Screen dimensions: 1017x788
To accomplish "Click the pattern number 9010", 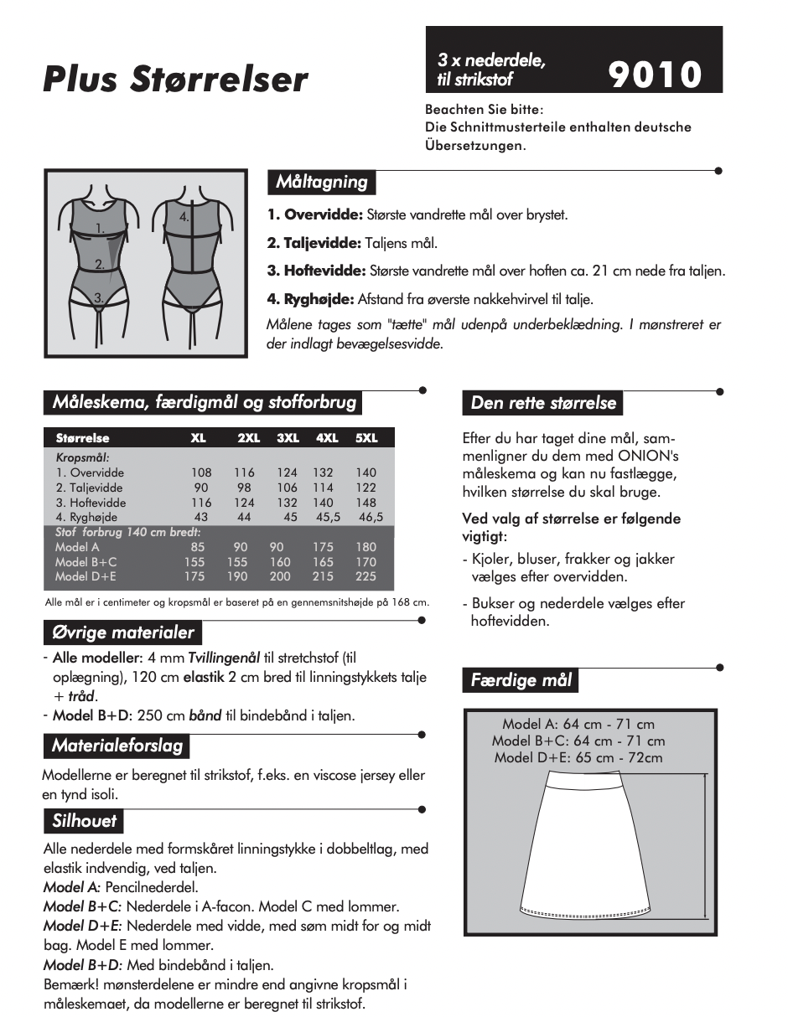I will pos(655,75).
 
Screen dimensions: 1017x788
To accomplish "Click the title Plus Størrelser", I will pos(175,80).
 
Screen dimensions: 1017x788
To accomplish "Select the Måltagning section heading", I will pos(322,182).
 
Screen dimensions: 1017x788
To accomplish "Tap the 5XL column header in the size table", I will pos(366,438).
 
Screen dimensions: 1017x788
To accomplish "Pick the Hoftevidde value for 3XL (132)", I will pos(288,503).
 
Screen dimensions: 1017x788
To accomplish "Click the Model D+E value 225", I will pos(366,576).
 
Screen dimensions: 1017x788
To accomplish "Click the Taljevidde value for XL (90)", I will pos(201,488).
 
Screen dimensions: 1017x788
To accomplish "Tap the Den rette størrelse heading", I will pos(543,403).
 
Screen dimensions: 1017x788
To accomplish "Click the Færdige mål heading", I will pos(521,680).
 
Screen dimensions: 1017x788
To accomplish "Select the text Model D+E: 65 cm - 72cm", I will pos(578,758).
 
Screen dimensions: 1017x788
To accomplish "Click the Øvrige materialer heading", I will pos(123,632).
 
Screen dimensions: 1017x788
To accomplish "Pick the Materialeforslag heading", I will pos(117,746).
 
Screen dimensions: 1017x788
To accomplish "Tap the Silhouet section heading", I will pos(84,821).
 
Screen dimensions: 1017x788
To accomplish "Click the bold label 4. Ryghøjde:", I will pos(310,299).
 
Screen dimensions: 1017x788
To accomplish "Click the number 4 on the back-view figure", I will pos(184,216).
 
